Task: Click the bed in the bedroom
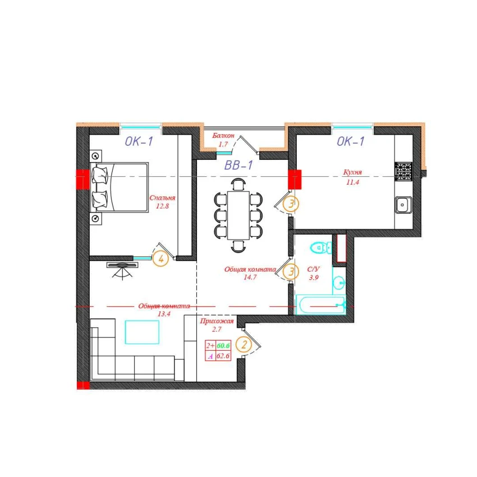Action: [120, 187]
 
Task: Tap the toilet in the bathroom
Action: [321, 247]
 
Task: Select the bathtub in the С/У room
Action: [321, 305]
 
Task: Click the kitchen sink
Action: [403, 205]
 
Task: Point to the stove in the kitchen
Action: [403, 171]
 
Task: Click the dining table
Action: [238, 215]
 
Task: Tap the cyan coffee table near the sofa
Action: [142, 332]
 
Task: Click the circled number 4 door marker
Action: [160, 259]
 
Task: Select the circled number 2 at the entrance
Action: [244, 345]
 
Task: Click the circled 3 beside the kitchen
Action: [291, 204]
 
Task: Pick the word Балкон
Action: [223, 136]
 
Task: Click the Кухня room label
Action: [352, 172]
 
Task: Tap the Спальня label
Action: [162, 198]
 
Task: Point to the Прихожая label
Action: [217, 321]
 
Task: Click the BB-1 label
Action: [238, 165]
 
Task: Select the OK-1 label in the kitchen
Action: [350, 141]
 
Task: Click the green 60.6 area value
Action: [223, 346]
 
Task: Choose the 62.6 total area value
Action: [223, 356]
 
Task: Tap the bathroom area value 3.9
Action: [314, 277]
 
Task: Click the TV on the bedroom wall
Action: [122, 265]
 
